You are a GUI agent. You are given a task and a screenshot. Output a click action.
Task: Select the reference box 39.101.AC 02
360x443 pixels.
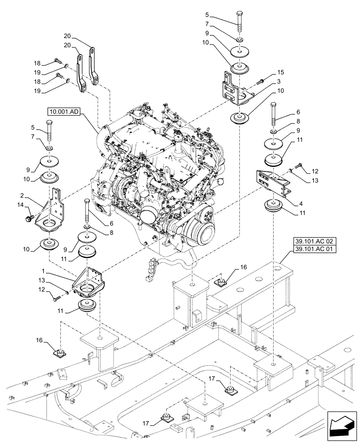coord(314,241)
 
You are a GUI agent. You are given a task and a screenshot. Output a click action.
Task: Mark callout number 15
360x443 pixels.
coord(280,72)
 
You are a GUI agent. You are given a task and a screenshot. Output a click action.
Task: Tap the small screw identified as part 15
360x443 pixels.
coord(260,81)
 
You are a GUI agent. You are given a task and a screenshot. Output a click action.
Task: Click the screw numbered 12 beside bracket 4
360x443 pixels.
coord(297,166)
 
